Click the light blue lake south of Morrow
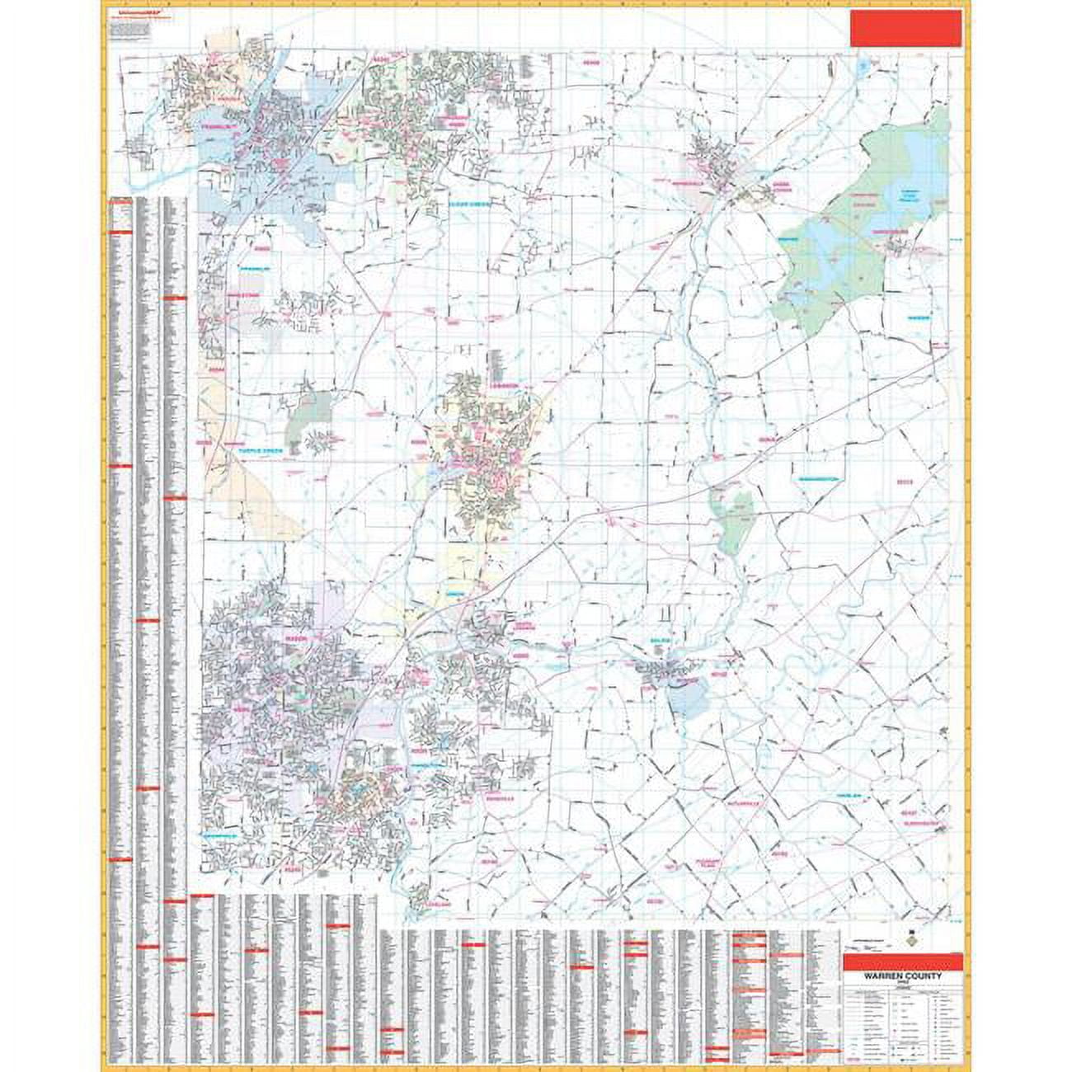[684, 701]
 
